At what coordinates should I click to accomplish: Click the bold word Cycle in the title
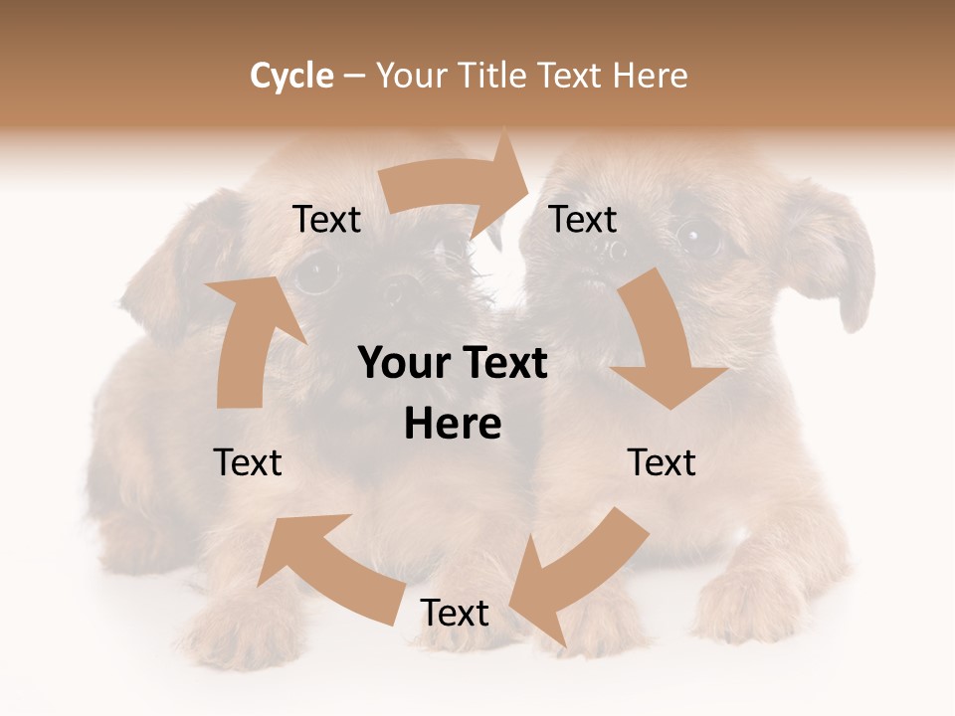tap(291, 76)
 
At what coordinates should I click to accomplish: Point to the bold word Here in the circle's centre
tap(453, 425)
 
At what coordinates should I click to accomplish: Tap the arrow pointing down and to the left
tap(581, 572)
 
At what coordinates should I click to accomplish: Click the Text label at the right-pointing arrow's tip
tap(583, 220)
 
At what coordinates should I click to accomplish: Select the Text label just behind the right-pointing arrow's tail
tap(326, 220)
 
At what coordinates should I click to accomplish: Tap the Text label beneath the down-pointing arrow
tap(662, 462)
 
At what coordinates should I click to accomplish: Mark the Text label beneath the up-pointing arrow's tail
tap(248, 462)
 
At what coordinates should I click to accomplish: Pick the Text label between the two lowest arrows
tap(455, 614)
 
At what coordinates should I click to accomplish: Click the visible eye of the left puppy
tap(317, 273)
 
